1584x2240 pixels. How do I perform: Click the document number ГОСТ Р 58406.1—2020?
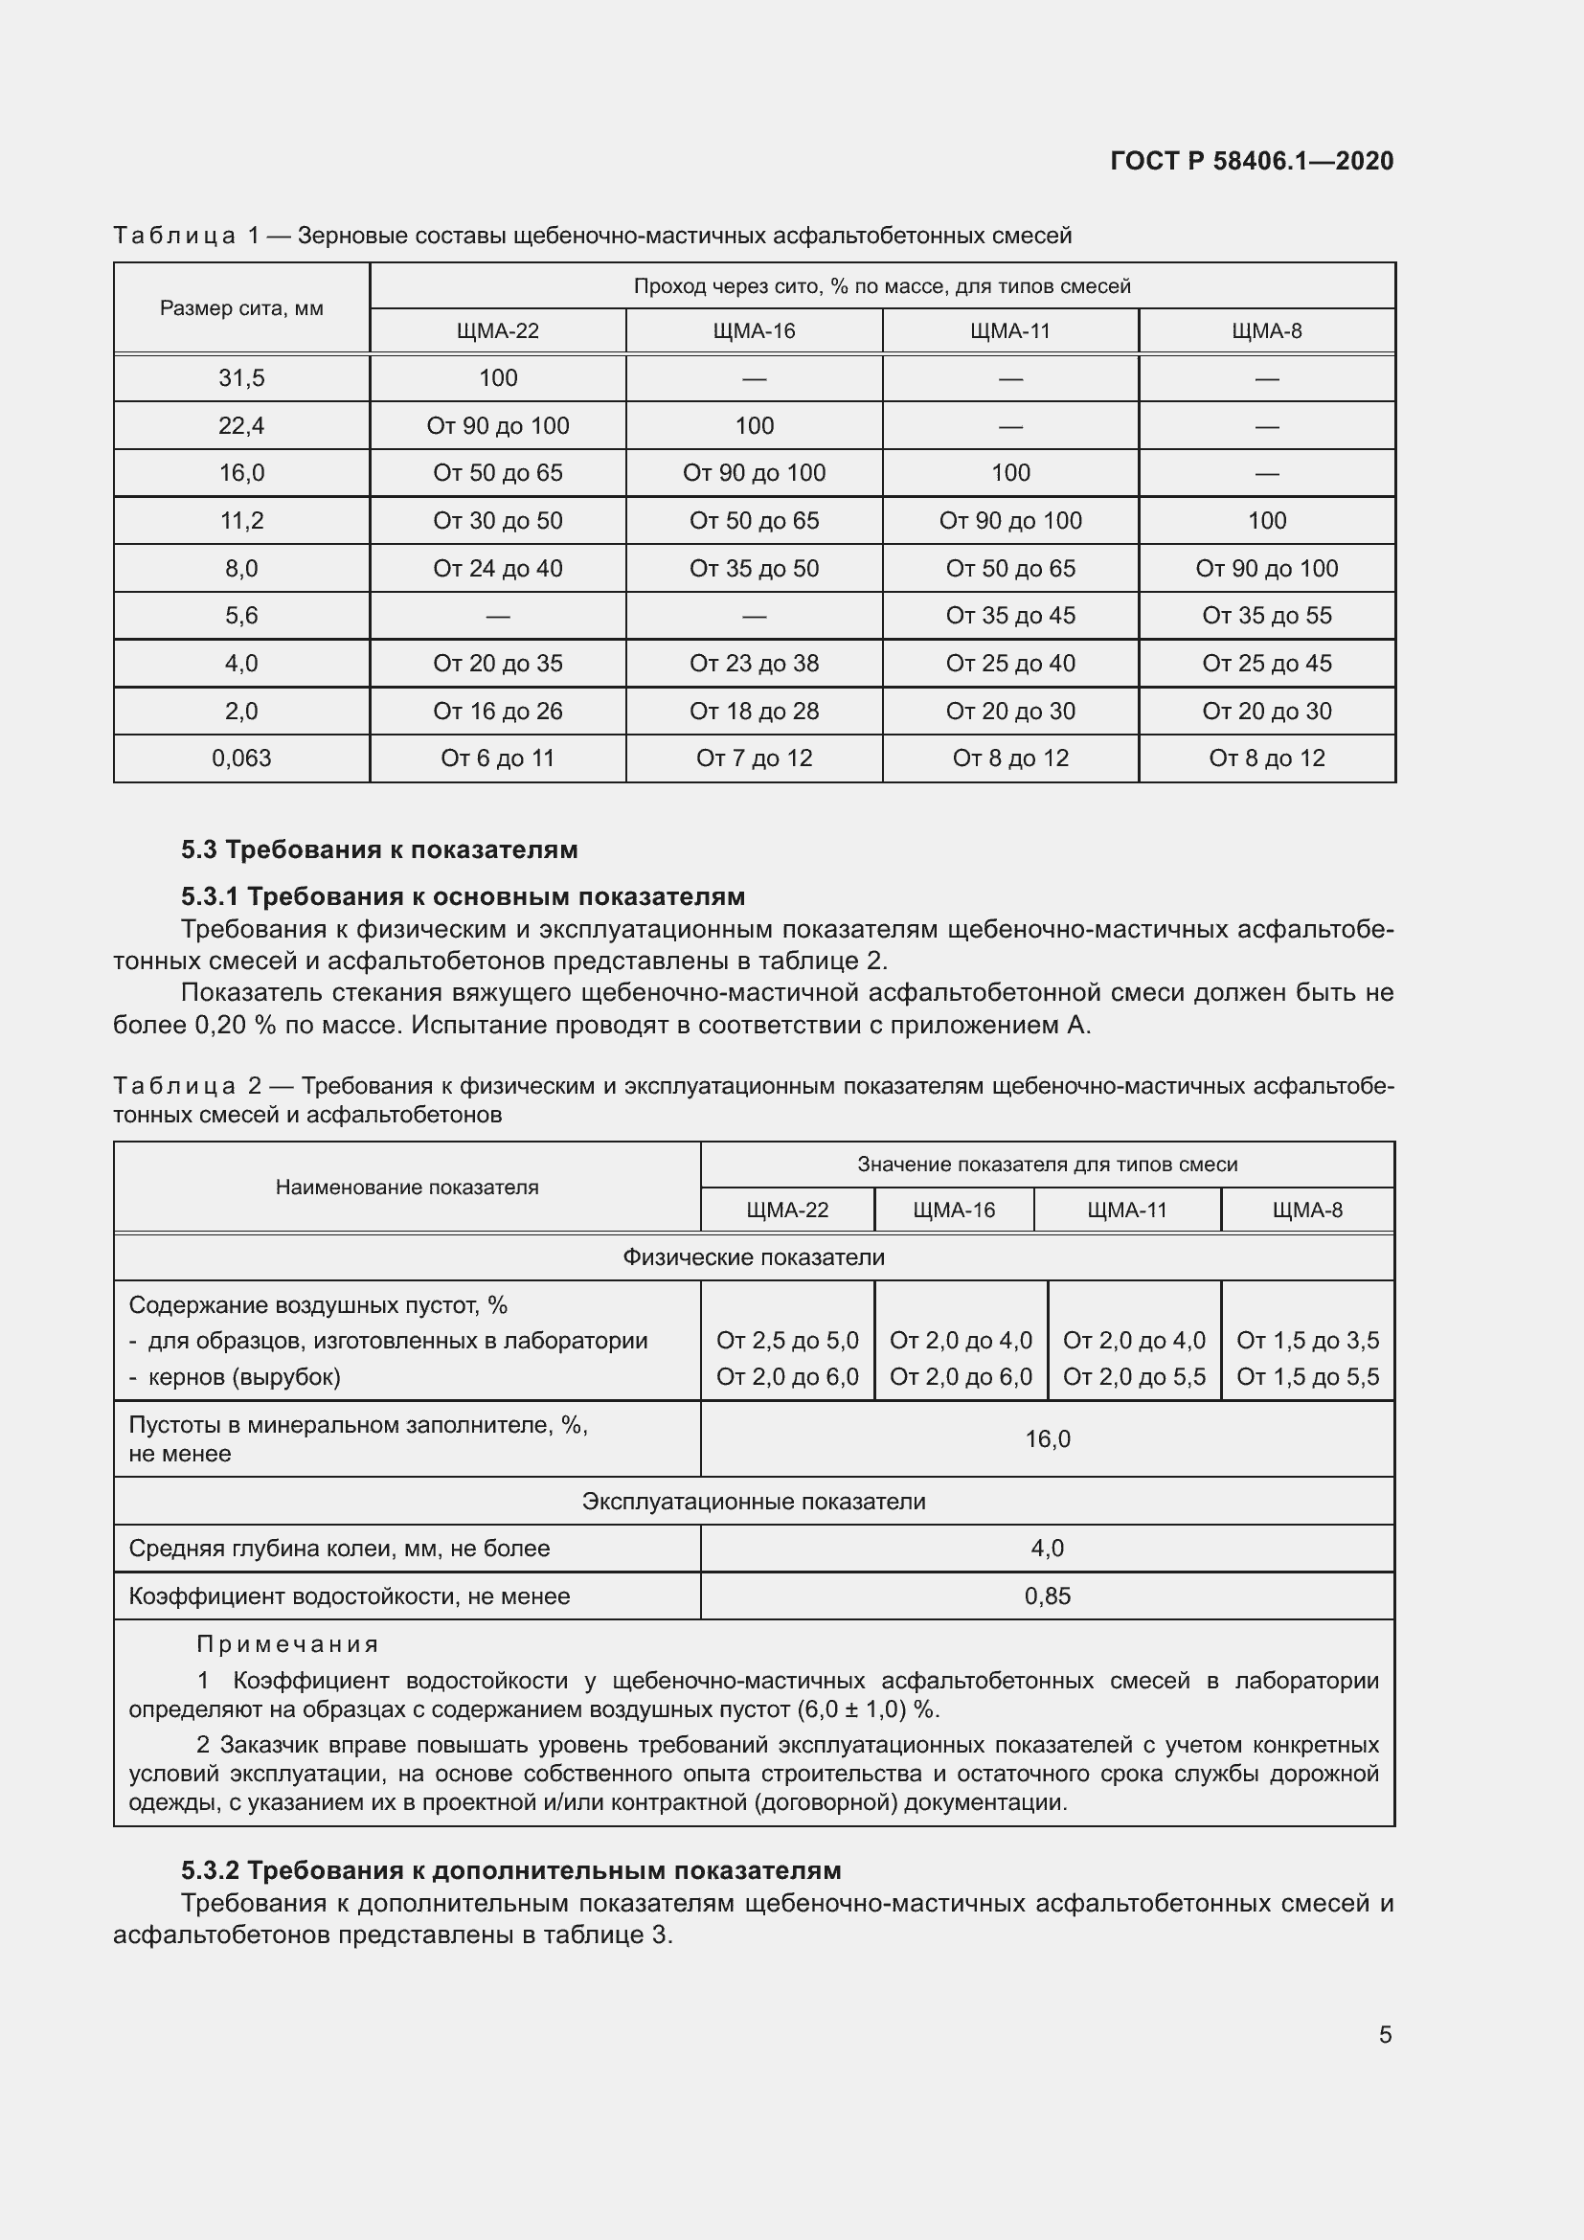[x=1252, y=161]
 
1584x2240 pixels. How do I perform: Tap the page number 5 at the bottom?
[x=1385, y=2034]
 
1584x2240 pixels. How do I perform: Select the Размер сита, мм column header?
[x=241, y=308]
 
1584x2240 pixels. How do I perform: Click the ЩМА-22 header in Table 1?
[x=497, y=330]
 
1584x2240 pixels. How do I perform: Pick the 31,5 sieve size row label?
[x=241, y=377]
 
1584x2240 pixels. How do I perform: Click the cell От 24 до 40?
[x=497, y=568]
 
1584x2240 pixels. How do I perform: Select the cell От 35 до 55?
[x=1266, y=616]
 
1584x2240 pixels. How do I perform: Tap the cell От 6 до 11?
[x=497, y=758]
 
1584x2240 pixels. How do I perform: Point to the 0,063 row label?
[x=241, y=758]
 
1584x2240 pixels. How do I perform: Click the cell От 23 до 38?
[x=754, y=664]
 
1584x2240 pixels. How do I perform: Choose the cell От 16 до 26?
[x=497, y=712]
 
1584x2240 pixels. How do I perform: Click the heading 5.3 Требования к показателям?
[x=379, y=849]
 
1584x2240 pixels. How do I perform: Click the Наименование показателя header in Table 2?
[x=407, y=1188]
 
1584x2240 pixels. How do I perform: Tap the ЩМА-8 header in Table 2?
[x=1307, y=1211]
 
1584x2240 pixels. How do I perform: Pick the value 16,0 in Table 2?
[x=1048, y=1439]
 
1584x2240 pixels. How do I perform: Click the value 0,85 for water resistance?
[x=1048, y=1596]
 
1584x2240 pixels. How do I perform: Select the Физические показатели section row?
[x=754, y=1257]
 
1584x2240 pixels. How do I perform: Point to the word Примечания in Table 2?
[x=287, y=1644]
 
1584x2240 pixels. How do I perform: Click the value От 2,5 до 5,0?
[x=787, y=1341]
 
